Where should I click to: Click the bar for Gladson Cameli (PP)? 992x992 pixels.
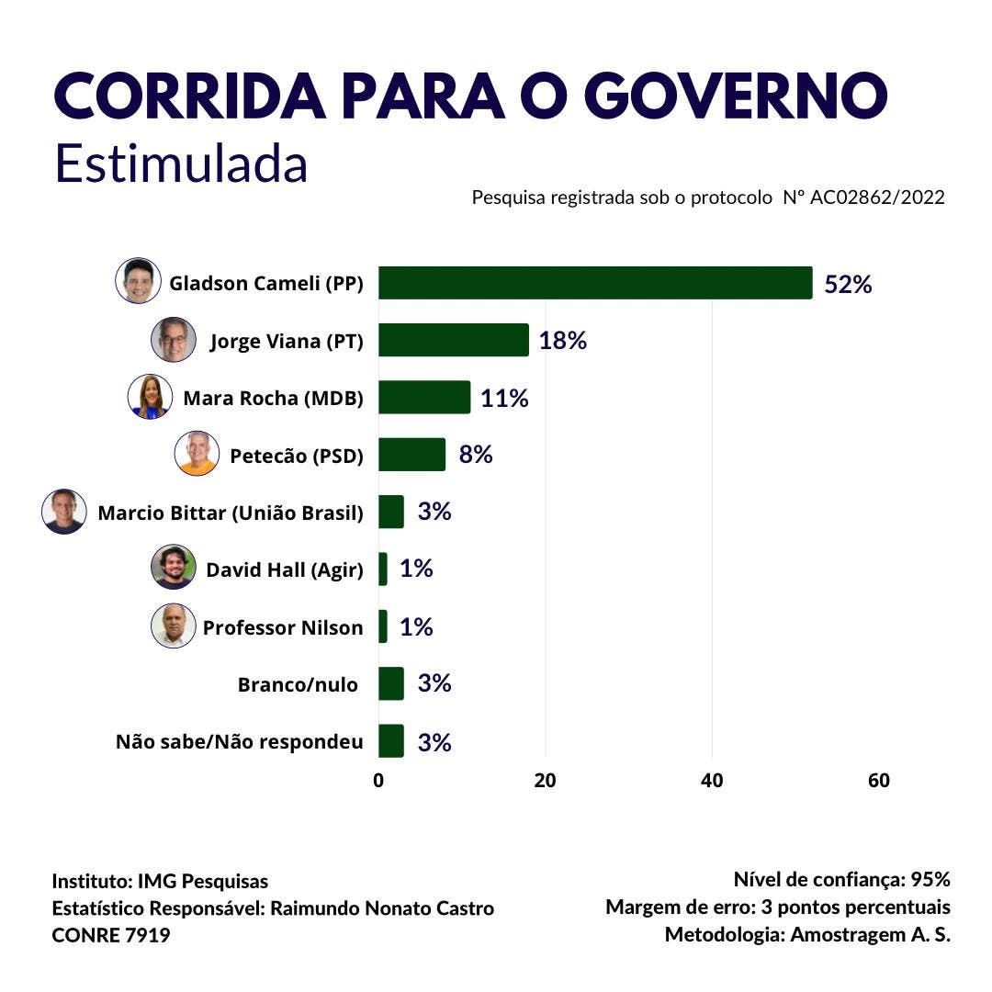point(595,283)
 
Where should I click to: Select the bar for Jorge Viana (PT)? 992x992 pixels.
point(454,340)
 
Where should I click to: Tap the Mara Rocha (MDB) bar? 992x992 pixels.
point(424,397)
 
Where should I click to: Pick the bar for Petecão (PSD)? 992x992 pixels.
point(411,454)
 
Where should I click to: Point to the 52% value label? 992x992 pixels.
point(847,284)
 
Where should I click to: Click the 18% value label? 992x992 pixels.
point(562,341)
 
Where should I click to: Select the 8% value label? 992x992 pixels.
point(476,454)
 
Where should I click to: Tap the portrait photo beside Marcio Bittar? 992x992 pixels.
point(64,512)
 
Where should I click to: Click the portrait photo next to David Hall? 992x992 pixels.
point(173,567)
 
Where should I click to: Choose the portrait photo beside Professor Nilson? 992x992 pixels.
point(173,626)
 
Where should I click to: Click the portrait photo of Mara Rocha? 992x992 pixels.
point(150,397)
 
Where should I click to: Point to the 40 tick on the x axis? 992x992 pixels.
point(712,781)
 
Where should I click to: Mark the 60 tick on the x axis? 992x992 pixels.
point(878,781)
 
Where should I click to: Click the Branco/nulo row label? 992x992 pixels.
point(298,684)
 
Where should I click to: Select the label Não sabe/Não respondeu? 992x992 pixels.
point(239,741)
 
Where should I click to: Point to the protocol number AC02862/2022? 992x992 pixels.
point(877,197)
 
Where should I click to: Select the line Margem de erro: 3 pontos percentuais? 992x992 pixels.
point(777,907)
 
